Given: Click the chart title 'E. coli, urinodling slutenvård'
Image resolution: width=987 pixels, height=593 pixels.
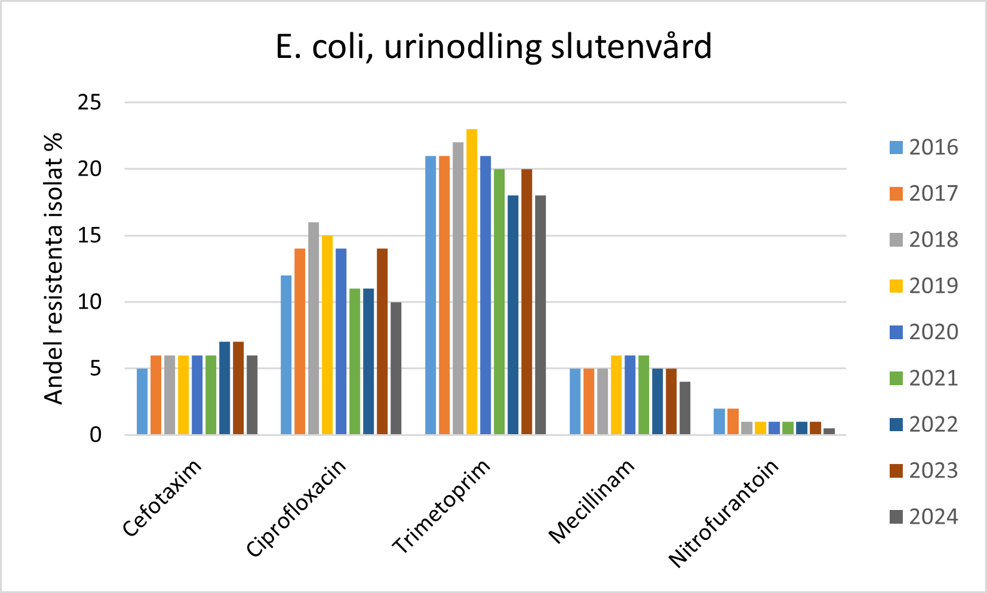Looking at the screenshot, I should pyautogui.click(x=493, y=47).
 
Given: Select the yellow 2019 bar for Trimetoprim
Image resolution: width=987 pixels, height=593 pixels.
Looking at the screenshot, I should pyautogui.click(x=472, y=282).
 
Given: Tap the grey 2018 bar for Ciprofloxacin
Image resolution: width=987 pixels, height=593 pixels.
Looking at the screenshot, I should pyautogui.click(x=313, y=328).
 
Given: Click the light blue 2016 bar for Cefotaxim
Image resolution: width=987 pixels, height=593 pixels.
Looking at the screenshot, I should pyautogui.click(x=142, y=401).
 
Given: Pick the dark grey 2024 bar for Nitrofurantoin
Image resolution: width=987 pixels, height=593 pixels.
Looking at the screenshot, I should pyautogui.click(x=829, y=431).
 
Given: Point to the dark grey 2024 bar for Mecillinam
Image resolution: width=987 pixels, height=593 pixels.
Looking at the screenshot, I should pyautogui.click(x=685, y=408).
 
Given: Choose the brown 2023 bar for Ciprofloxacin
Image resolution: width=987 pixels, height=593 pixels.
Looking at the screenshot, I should pyautogui.click(x=382, y=342).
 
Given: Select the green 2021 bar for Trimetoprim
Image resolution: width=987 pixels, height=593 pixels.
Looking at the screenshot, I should pyautogui.click(x=499, y=302).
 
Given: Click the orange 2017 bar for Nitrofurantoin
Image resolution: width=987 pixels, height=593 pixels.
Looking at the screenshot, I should pyautogui.click(x=733, y=422).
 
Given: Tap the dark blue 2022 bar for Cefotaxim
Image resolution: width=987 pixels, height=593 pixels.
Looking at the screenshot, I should pyautogui.click(x=225, y=388).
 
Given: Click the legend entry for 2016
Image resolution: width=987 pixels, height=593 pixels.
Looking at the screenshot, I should pyautogui.click(x=923, y=148).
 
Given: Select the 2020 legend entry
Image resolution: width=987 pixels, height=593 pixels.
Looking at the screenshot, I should pyautogui.click(x=923, y=332).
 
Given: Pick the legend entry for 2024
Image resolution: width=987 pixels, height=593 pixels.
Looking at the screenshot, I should pyautogui.click(x=923, y=517).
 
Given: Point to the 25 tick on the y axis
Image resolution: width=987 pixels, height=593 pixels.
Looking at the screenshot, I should pyautogui.click(x=90, y=103).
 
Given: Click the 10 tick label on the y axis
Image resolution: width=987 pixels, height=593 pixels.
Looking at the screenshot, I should pyautogui.click(x=90, y=302).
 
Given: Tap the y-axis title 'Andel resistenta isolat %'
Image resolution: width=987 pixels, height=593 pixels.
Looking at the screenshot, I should pyautogui.click(x=54, y=269).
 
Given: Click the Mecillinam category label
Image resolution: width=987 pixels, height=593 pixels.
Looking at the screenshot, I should pyautogui.click(x=591, y=502).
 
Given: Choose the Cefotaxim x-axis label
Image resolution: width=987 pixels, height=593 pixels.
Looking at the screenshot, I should pyautogui.click(x=162, y=499).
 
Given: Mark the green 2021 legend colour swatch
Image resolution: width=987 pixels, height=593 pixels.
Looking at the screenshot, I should pyautogui.click(x=896, y=378).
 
